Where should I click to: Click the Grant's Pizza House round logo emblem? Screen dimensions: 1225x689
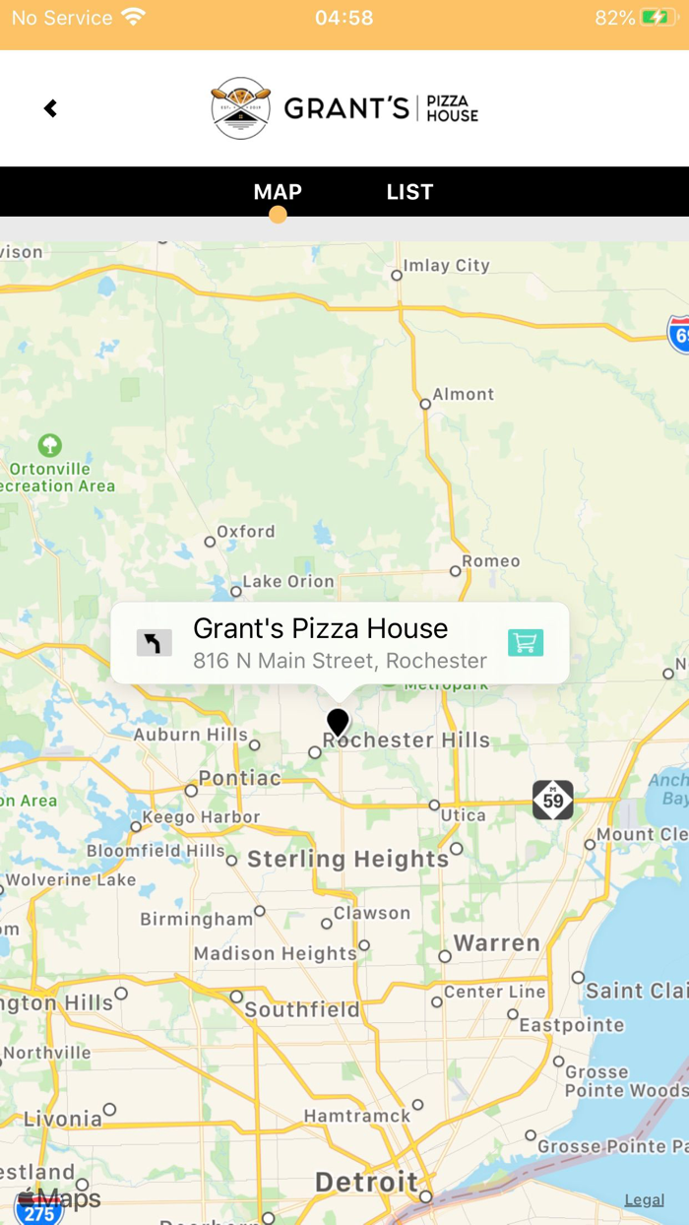click(x=240, y=108)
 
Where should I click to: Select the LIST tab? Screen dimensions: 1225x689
click(x=409, y=192)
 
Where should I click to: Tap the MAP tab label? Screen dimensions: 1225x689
click(x=278, y=192)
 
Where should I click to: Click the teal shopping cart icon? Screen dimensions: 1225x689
click(x=526, y=643)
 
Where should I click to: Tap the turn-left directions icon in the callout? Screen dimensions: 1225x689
click(x=154, y=643)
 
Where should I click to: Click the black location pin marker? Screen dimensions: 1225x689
click(x=338, y=722)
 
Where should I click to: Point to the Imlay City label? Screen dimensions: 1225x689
click(x=446, y=265)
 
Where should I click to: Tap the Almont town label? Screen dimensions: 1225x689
click(x=464, y=394)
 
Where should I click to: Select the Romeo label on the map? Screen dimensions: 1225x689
click(x=491, y=561)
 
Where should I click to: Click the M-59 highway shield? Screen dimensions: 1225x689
click(x=553, y=800)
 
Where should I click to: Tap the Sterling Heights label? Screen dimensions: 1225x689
click(x=347, y=859)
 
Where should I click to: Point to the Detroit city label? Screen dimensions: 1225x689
click(x=366, y=1182)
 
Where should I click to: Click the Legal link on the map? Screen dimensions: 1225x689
click(x=645, y=1199)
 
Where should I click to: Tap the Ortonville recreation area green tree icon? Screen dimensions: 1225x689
click(x=49, y=446)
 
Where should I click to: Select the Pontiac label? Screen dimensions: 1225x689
click(x=240, y=778)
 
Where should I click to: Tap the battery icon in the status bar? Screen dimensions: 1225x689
click(x=657, y=18)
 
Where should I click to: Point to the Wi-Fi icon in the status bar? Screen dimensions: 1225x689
click(x=133, y=18)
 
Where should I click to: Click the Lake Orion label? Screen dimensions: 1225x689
click(x=288, y=581)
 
